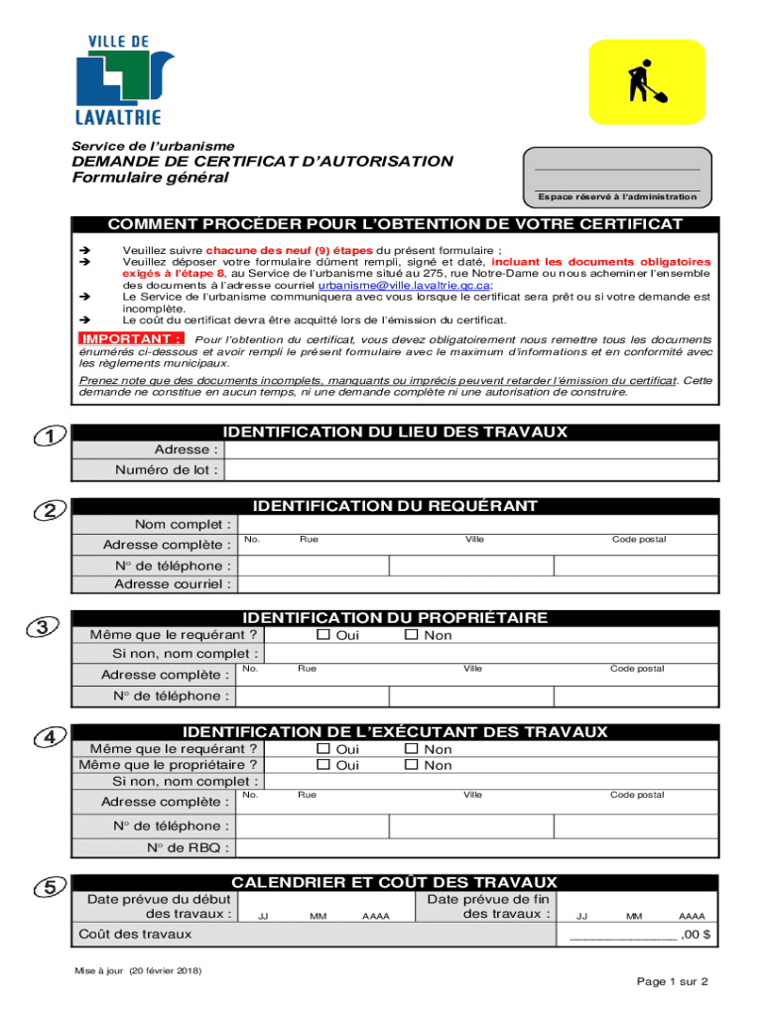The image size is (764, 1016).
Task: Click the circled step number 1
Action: tap(49, 437)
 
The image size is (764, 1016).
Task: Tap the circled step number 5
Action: tap(50, 887)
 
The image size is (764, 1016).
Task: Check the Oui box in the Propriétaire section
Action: tap(322, 635)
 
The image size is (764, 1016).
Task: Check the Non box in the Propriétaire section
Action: tap(411, 635)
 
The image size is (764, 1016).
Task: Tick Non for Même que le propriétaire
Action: tap(411, 765)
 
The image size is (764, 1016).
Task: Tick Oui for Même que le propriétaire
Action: tap(322, 765)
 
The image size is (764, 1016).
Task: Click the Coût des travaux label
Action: tap(135, 934)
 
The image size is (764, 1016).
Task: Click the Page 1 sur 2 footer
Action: tap(672, 981)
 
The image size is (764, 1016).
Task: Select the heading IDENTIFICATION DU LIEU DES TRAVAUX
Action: tap(395, 432)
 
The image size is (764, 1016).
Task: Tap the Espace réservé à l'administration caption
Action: tap(617, 196)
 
